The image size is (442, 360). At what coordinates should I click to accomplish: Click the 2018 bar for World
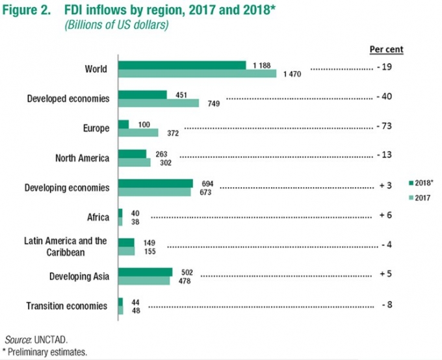[181, 65]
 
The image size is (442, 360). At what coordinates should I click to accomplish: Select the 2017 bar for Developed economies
[158, 103]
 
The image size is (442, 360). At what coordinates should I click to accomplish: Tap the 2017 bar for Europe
[138, 133]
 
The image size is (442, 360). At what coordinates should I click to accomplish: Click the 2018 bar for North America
[132, 153]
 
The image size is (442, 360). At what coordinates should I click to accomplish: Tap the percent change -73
[384, 128]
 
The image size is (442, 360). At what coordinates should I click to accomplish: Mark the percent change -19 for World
[384, 68]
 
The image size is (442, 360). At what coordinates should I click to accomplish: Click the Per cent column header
[386, 49]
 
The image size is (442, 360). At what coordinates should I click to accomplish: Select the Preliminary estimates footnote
[47, 352]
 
